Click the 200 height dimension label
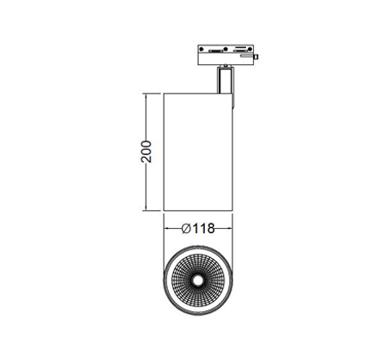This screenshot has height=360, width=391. pos(147,152)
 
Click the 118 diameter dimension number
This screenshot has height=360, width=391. pos(203,229)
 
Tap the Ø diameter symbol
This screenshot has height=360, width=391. pos(186,229)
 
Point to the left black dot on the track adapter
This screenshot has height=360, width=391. pos(202,49)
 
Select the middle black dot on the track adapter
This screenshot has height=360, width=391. pos(226,49)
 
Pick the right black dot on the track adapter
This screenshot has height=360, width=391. pos(250,49)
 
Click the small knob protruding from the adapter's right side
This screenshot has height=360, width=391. pos(256,57)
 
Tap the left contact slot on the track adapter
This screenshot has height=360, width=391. pos(216,51)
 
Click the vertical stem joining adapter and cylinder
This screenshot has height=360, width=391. pos(226,80)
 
